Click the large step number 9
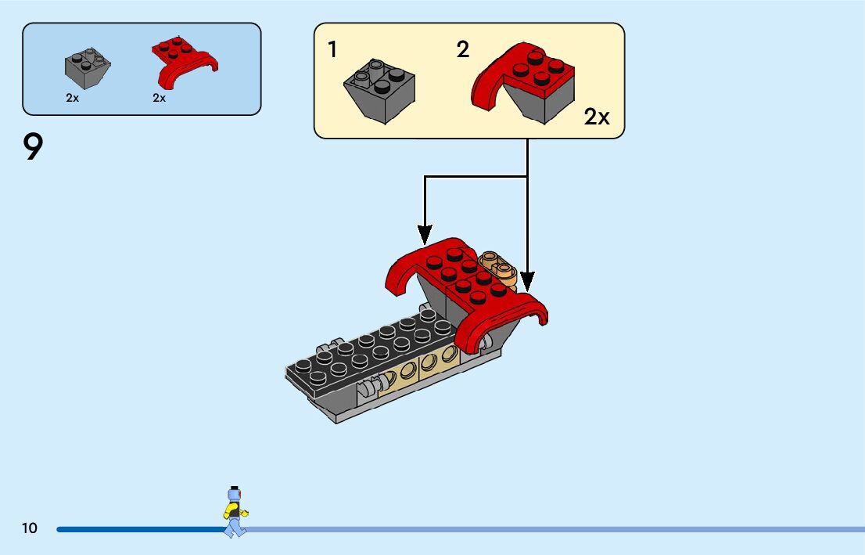[x=33, y=147]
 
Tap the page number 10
[x=29, y=528]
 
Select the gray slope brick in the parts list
[x=88, y=68]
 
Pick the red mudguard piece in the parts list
[x=185, y=62]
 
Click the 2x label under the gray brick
[x=72, y=98]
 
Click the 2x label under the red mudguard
[x=159, y=98]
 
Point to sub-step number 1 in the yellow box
[x=332, y=49]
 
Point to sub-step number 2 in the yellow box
[x=463, y=49]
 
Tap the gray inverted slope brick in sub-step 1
[x=379, y=90]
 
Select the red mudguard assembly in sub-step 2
[x=522, y=82]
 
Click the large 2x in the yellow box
[x=597, y=117]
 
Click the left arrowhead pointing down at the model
[x=424, y=235]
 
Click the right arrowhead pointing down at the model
[x=527, y=281]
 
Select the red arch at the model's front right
[x=499, y=323]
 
